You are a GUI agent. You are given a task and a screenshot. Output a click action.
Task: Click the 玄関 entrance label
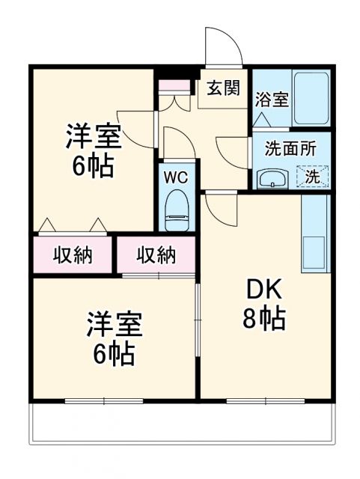[x=224, y=88]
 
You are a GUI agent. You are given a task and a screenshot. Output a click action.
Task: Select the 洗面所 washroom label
[x=290, y=148]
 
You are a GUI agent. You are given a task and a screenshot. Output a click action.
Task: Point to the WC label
[x=177, y=179]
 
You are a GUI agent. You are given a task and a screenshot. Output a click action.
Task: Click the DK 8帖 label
[x=263, y=305]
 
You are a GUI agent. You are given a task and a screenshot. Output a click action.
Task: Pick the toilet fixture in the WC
[x=177, y=209]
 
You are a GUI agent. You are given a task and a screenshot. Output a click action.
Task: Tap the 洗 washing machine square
[x=313, y=177]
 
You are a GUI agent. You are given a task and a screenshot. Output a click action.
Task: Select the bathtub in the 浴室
[x=311, y=99]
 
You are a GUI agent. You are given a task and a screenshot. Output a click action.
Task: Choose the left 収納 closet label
[x=73, y=255]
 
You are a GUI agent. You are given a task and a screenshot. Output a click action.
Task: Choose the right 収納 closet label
[x=156, y=255]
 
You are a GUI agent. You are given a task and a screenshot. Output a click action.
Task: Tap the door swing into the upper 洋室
[x=137, y=124]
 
